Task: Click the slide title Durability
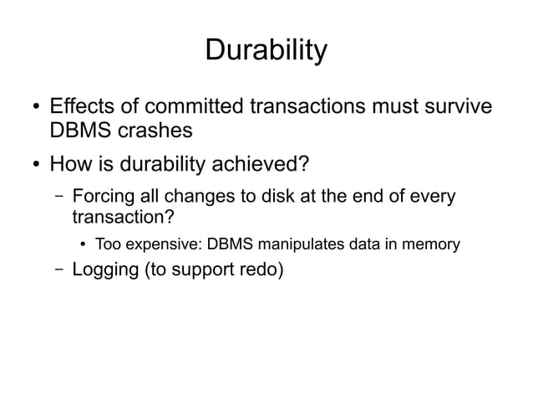[x=266, y=52]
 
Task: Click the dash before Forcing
[x=57, y=198]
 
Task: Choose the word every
[x=434, y=197]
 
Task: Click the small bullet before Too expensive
[x=84, y=245]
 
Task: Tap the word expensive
[x=163, y=245]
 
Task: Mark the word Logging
[x=105, y=270]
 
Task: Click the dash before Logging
[x=57, y=270]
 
